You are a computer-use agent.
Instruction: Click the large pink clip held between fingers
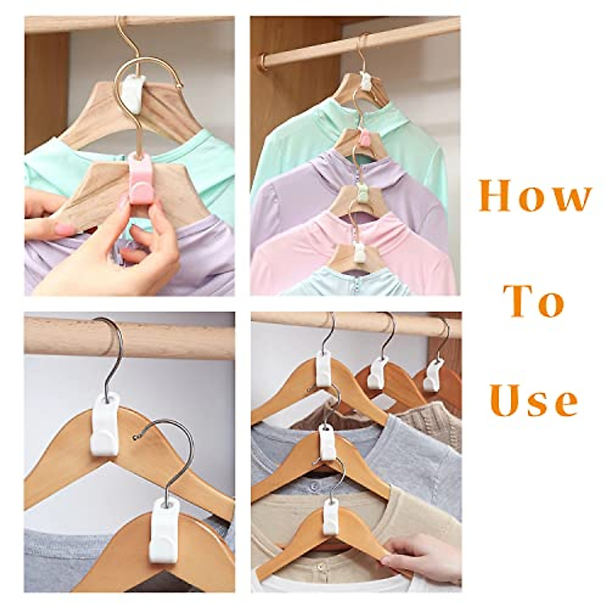pyautogui.click(x=140, y=178)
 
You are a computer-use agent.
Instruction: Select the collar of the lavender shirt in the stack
pyautogui.click(x=334, y=157)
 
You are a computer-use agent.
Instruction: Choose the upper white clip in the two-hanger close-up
pyautogui.click(x=104, y=425)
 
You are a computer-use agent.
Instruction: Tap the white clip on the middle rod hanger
pyautogui.click(x=376, y=373)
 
